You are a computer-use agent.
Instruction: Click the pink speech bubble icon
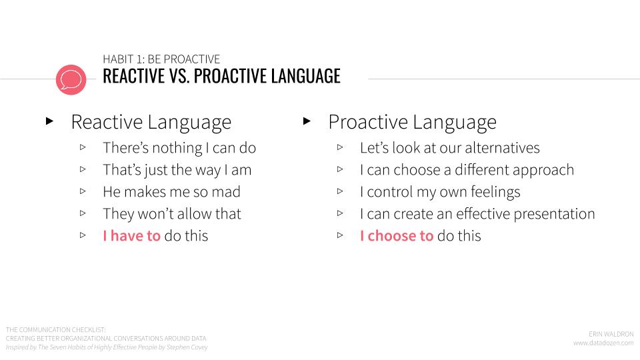[71, 79]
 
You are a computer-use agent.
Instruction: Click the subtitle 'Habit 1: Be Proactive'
[161, 59]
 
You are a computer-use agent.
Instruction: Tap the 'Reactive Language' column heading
[151, 122]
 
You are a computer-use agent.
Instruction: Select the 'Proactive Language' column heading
[412, 122]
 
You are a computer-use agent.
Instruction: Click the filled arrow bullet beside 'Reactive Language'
[50, 121]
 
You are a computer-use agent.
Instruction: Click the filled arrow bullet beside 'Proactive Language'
[307, 121]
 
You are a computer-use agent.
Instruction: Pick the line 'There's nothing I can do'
[179, 148]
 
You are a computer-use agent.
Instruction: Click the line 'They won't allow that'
[172, 214]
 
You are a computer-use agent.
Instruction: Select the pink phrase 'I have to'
[131, 236]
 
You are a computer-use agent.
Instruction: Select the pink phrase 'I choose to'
[396, 236]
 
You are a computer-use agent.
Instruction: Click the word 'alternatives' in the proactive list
[502, 148]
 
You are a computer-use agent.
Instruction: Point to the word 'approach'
[545, 171]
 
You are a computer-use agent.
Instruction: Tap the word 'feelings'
[495, 192]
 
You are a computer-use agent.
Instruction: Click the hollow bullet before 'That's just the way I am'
[83, 169]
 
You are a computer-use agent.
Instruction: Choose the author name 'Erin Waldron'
[611, 334]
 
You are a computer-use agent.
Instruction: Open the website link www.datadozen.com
[603, 343]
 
